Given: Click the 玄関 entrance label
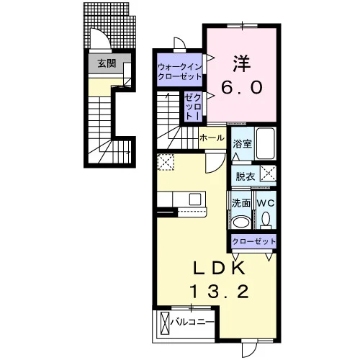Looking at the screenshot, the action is tap(107, 63).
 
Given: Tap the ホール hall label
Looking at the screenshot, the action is tap(212, 138).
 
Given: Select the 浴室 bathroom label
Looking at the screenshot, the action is tap(242, 144).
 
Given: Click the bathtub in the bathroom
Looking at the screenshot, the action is tap(265, 143).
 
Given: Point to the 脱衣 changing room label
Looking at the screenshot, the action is tap(245, 176).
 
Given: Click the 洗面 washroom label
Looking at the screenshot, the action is tap(241, 203).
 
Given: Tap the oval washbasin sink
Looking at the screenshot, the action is tap(241, 222).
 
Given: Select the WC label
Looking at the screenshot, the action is tap(266, 203).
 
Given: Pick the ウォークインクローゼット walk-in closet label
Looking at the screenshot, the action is tap(180, 71).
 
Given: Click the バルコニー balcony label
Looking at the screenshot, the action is tap(192, 322).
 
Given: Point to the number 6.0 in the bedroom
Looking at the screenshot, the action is tap(241, 87).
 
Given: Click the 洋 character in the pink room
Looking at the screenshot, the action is tap(242, 63).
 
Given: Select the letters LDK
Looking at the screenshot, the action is tap(220, 268).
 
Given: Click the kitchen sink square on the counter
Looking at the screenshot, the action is tap(195, 199).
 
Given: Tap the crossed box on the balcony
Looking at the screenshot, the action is tap(164, 323).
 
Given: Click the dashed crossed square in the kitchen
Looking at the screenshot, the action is tap(166, 162).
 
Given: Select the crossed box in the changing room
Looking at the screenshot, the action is tap(269, 173).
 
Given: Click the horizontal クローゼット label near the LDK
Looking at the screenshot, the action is tap(253, 241).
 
